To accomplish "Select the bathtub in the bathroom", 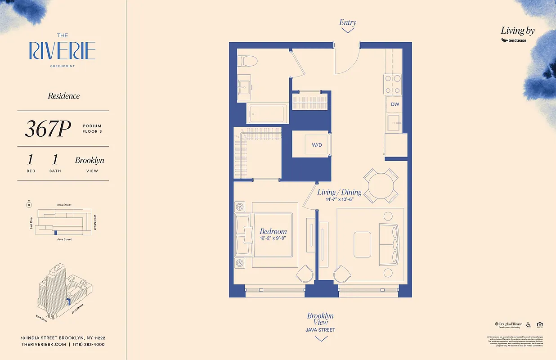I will click(267, 113).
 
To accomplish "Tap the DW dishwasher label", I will click(395, 104).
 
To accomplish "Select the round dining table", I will click(381, 186).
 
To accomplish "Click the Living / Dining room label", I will click(339, 192).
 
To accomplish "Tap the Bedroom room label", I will click(273, 231).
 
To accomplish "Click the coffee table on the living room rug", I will click(362, 245).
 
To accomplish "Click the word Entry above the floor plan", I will click(348, 22).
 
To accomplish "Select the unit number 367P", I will click(48, 129).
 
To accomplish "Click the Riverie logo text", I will click(62, 51).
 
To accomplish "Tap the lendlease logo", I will click(514, 40).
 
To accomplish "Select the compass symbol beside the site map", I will click(29, 205).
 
